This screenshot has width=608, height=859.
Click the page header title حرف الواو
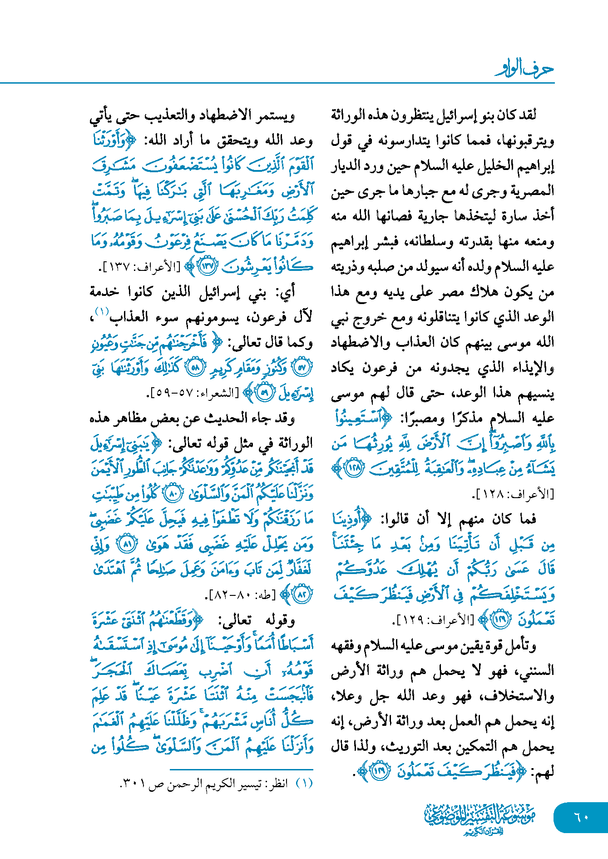click(x=524, y=69)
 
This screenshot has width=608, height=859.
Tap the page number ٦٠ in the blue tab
click(x=581, y=817)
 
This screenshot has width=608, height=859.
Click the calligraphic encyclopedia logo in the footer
click(x=479, y=819)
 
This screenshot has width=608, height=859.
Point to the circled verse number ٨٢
click(x=302, y=594)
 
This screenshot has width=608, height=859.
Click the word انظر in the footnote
click(x=277, y=784)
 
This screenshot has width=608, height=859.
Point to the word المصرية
click(x=532, y=190)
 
